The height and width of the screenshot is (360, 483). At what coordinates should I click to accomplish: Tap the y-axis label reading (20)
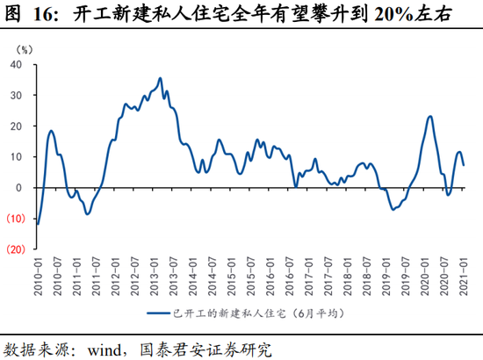click(x=15, y=249)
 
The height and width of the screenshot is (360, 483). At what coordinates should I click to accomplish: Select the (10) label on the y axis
click(x=15, y=219)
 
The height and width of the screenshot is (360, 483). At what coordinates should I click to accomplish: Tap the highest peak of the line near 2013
click(x=160, y=78)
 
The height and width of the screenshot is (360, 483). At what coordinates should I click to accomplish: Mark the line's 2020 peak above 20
click(x=429, y=116)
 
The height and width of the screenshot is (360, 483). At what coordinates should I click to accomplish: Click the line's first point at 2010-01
click(x=38, y=224)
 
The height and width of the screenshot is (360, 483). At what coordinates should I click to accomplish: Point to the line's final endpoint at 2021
click(x=464, y=165)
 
